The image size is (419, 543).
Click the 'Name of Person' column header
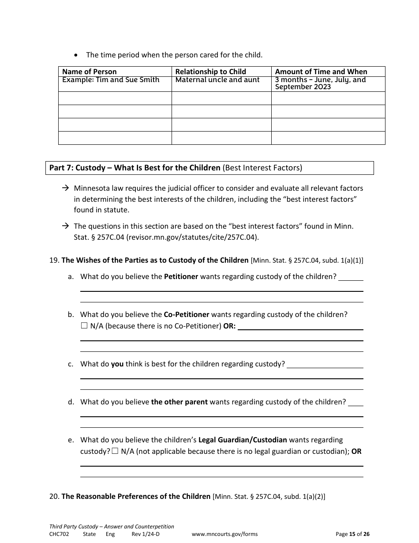click(x=90, y=72)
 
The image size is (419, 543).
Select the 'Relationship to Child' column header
click(x=210, y=72)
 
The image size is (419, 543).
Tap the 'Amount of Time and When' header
click(x=321, y=72)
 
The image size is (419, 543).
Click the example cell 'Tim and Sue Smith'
click(x=111, y=80)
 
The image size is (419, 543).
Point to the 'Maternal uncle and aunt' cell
click(x=217, y=80)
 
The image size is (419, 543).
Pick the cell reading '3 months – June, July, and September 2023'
click(x=320, y=83)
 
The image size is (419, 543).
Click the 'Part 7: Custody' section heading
click(x=135, y=168)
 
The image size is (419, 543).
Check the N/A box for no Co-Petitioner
click(x=84, y=326)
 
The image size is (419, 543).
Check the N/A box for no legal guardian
click(x=115, y=451)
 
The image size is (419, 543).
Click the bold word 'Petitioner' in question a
click(x=181, y=277)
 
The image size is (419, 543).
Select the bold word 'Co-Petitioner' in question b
click(x=186, y=315)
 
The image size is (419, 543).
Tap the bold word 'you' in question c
click(x=117, y=364)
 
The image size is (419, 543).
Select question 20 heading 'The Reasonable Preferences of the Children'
click(x=136, y=496)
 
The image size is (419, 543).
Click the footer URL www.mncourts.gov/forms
click(x=224, y=534)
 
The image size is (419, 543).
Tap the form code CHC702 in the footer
click(x=59, y=534)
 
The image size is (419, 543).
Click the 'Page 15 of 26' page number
click(x=352, y=534)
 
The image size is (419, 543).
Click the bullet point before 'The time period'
click(x=77, y=55)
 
